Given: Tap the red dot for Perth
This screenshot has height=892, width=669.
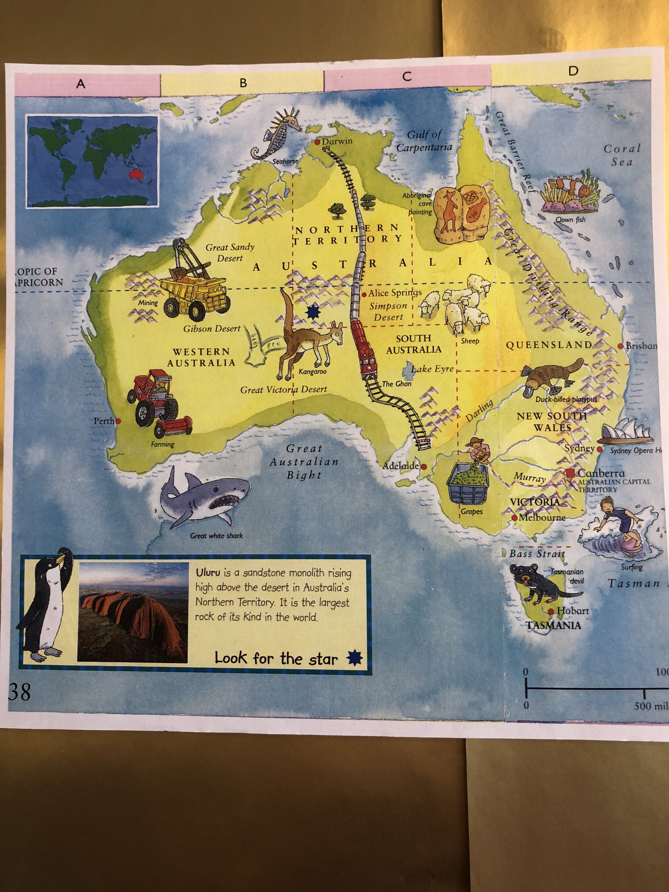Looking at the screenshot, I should pos(118,421).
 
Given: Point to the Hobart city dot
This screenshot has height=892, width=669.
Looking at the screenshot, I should pos(551,612).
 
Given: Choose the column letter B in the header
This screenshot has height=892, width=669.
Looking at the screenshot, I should pos(243,83).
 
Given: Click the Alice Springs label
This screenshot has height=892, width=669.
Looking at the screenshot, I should pos(395,293).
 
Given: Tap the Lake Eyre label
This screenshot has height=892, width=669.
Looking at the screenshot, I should pos(432,369).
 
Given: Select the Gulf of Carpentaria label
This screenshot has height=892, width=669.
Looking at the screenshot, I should pos(423,141).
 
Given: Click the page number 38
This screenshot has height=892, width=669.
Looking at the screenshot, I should pos(20,691).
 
